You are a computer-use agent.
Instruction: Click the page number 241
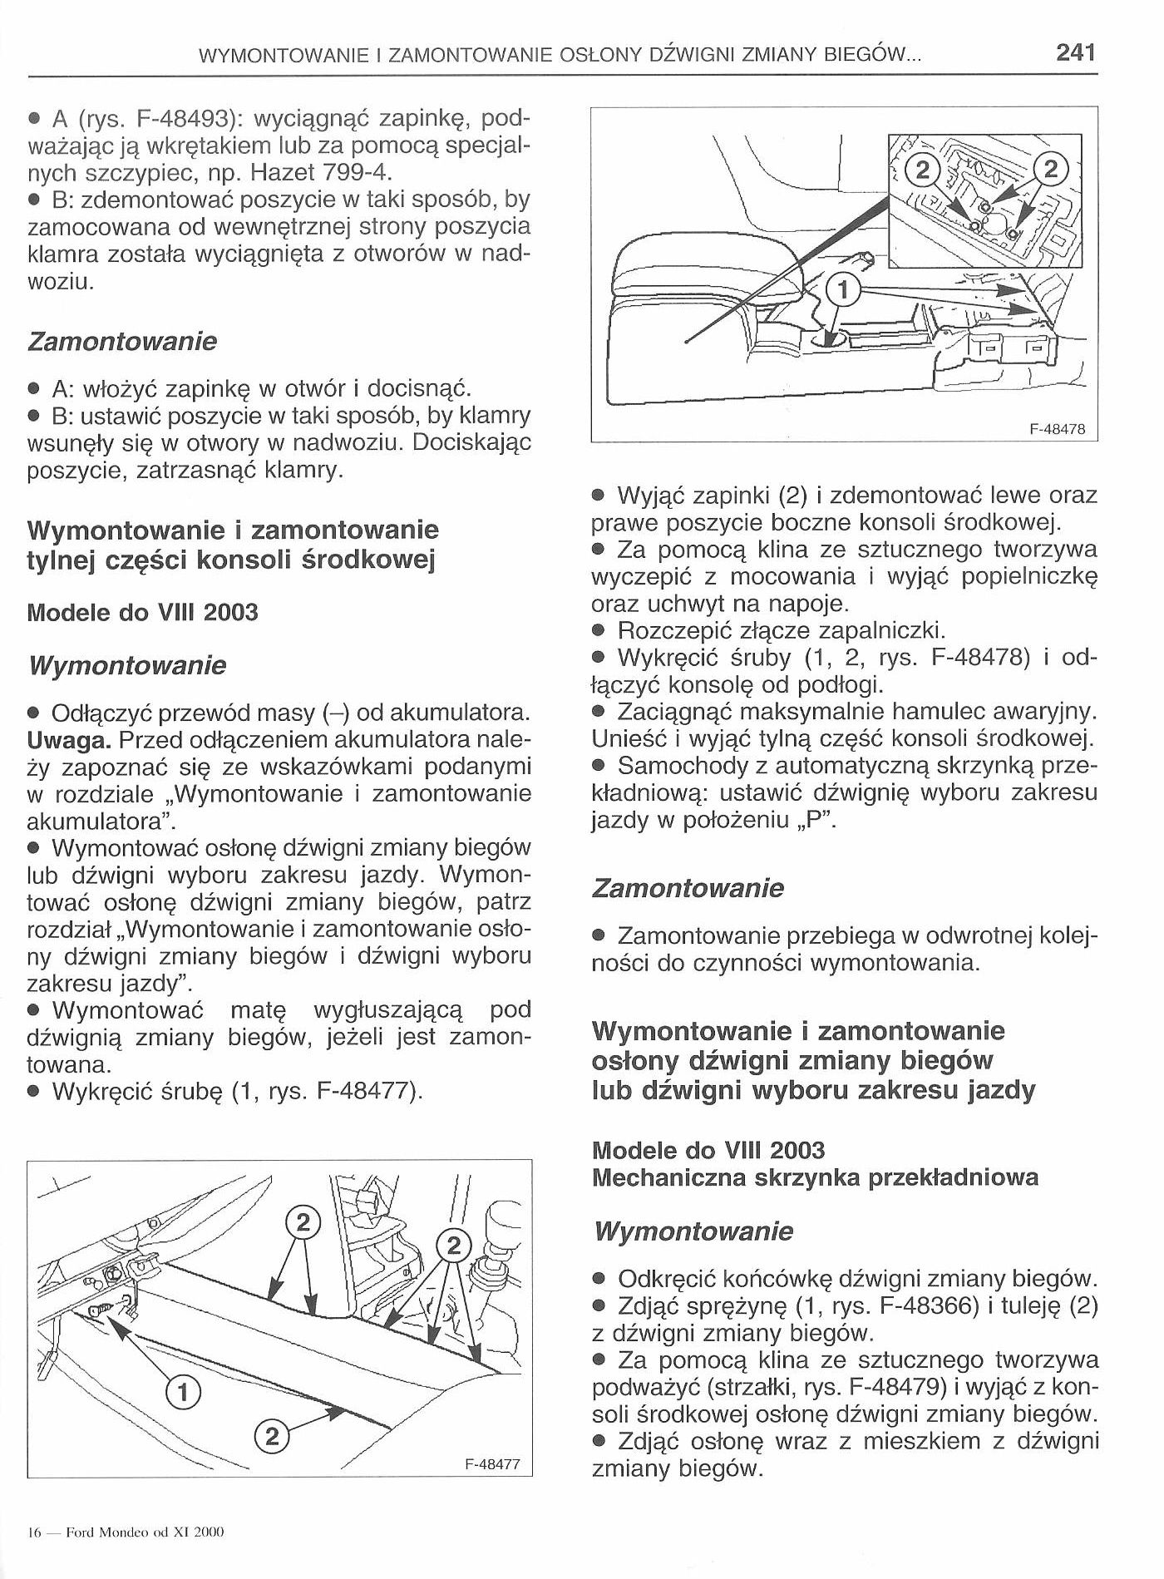pyautogui.click(x=1075, y=54)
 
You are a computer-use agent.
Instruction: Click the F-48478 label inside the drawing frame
pyautogui.click(x=1057, y=430)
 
